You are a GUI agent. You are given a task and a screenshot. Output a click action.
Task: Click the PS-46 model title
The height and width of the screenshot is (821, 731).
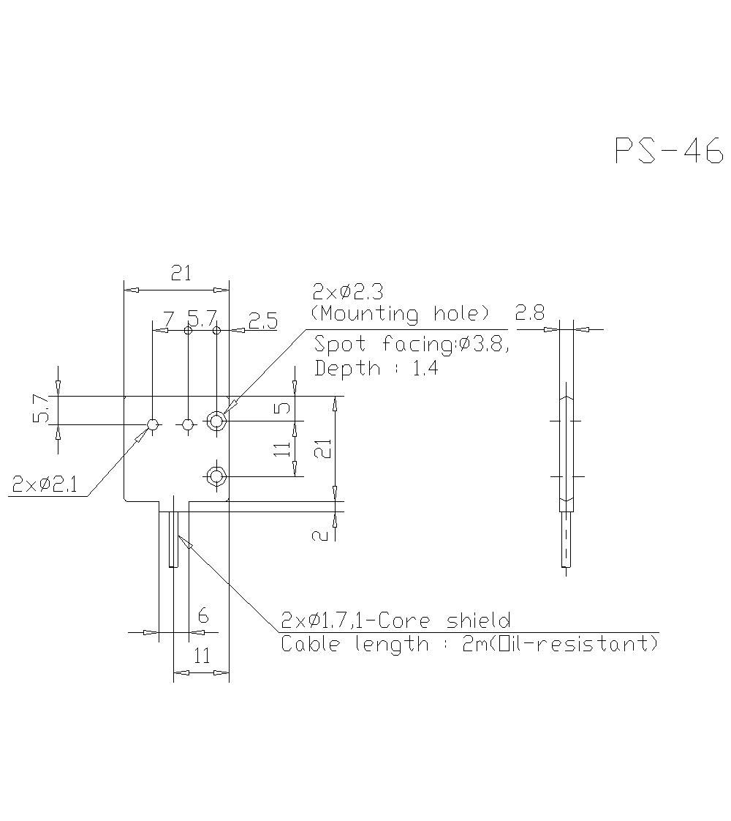[668, 150]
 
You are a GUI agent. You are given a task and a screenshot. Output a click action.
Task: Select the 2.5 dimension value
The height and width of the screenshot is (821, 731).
[262, 320]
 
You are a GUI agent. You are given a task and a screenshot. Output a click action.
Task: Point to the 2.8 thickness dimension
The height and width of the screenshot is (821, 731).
[529, 313]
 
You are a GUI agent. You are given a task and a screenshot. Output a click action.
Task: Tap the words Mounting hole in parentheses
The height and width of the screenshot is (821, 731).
[401, 314]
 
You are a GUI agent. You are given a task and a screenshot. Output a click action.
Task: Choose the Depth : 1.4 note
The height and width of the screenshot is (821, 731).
[376, 368]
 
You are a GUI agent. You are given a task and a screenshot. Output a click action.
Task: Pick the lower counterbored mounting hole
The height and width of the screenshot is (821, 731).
[216, 476]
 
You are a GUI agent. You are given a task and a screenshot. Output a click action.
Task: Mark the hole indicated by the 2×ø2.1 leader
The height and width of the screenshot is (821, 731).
[153, 424]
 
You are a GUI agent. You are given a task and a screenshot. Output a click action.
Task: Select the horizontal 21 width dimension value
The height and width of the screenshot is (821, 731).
[181, 274]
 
